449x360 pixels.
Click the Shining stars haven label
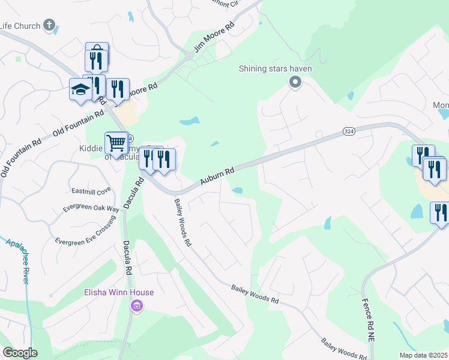[276, 68]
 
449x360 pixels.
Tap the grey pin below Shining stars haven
[295, 83]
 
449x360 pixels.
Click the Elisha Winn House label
[118, 293]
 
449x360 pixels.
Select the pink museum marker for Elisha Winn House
[137, 307]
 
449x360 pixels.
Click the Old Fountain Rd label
[78, 120]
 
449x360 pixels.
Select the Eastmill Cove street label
[92, 191]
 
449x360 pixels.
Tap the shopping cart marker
[116, 143]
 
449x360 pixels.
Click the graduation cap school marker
[80, 89]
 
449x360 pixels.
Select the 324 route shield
[349, 131]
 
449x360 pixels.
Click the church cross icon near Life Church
[49, 26]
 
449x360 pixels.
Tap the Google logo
[20, 353]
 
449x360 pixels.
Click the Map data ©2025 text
[423, 355]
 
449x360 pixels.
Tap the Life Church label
[20, 26]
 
